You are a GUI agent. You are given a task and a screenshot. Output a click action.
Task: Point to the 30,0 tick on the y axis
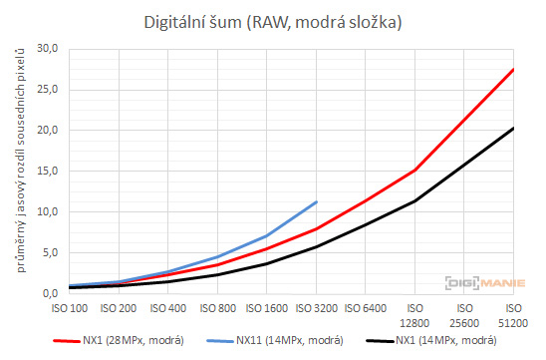[x=46, y=48]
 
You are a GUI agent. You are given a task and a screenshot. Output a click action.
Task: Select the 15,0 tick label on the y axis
[x=46, y=171]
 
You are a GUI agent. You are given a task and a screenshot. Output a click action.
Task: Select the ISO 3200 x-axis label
[x=315, y=310]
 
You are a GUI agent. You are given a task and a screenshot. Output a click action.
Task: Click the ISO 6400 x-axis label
[x=365, y=310]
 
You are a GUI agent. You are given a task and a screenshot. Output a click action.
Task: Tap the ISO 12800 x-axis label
[x=413, y=316]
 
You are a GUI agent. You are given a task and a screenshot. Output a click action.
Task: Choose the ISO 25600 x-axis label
[x=463, y=316]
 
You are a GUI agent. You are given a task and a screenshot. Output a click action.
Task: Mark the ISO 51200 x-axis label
[x=512, y=316]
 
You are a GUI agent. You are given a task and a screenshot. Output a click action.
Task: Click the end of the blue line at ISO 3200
[x=316, y=201]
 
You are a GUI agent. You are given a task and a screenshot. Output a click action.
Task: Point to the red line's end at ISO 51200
[x=513, y=69]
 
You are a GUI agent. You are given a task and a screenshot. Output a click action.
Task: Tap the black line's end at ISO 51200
[x=513, y=128]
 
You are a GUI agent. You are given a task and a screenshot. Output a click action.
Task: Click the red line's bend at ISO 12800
[x=414, y=171]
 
